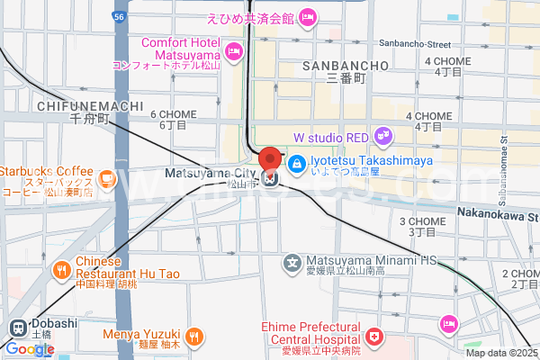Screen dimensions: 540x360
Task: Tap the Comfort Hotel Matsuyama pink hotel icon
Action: coord(234,51)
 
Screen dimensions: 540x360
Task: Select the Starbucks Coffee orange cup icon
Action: coord(106,179)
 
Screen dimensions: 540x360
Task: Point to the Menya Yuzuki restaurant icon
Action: coord(193,337)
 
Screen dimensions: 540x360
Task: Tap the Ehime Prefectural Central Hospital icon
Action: coord(373,337)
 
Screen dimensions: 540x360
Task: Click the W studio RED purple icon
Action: coord(383,137)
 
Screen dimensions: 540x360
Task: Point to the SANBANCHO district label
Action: coord(346,66)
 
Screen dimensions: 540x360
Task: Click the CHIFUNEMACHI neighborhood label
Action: coord(91,105)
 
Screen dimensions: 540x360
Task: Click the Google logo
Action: coord(30,349)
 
